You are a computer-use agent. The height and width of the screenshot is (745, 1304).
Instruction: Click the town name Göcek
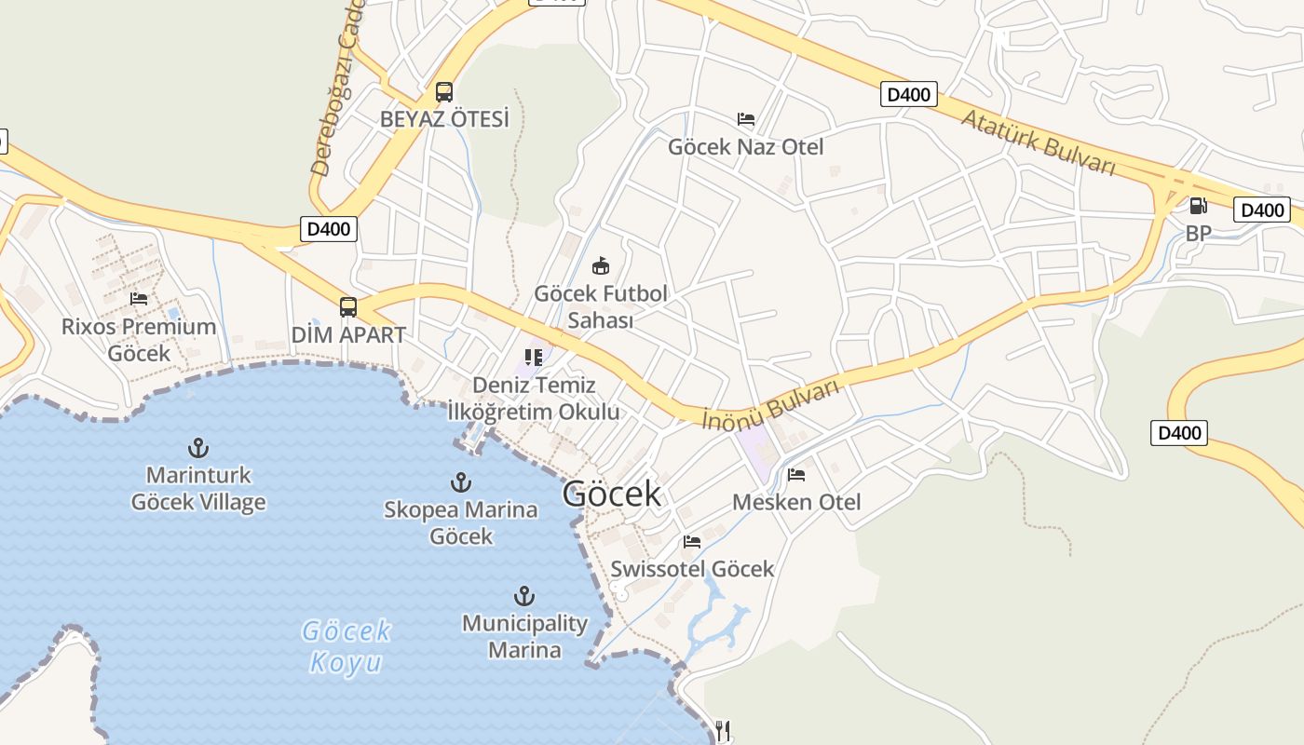[x=611, y=494]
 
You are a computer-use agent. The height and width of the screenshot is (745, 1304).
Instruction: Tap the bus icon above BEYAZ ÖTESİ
[x=444, y=92]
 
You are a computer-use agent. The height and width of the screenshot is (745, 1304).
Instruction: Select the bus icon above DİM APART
[x=348, y=306]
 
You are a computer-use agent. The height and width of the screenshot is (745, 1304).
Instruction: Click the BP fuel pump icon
[x=1198, y=206]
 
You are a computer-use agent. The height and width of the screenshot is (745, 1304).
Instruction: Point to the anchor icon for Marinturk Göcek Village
[x=197, y=448]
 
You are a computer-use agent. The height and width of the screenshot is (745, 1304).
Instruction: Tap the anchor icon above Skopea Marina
[x=460, y=482]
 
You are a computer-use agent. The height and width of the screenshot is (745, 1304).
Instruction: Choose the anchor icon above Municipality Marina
[x=524, y=596]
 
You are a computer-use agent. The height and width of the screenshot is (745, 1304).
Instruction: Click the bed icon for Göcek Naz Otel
[x=746, y=119]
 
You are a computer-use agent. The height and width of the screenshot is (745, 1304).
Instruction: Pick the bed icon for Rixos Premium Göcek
[x=139, y=299]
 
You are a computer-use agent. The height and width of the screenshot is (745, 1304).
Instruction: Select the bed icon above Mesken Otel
[x=796, y=475]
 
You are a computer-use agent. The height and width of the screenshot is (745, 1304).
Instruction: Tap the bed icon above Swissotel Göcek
[x=691, y=541]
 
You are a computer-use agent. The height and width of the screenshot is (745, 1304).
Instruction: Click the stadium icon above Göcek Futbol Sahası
[x=601, y=266]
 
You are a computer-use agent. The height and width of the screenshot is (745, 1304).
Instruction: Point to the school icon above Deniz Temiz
[x=534, y=358]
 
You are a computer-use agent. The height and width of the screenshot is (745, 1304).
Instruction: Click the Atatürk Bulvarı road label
[x=1038, y=142]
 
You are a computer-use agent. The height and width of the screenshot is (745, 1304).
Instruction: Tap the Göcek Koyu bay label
[x=346, y=646]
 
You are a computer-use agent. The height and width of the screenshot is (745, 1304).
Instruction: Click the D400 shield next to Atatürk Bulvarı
[x=908, y=94]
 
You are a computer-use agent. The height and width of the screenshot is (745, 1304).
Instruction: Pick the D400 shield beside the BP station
[x=1262, y=210]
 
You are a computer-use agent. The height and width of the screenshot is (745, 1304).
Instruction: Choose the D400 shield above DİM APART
[x=329, y=229]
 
